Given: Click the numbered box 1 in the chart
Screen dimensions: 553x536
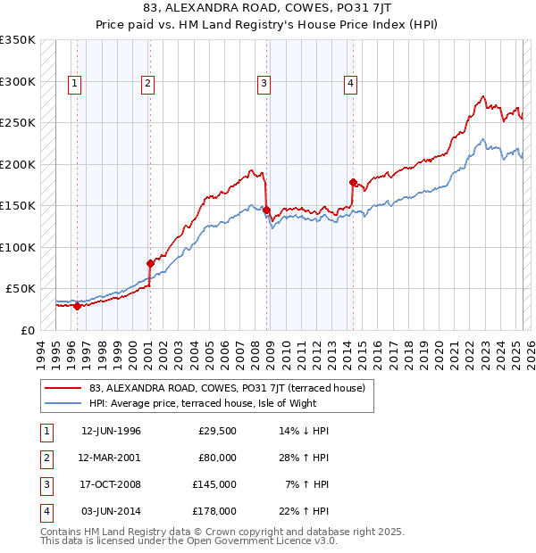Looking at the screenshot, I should (73, 84).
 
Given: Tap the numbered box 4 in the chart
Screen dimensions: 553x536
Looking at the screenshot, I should (351, 84).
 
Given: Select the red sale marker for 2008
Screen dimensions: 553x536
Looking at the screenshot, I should (266, 210).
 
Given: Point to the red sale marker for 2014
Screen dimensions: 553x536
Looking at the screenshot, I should (354, 183).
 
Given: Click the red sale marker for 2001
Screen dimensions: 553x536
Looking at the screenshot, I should (149, 263).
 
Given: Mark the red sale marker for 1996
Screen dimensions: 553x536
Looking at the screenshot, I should (77, 306).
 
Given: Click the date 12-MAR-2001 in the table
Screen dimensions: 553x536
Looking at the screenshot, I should (111, 458).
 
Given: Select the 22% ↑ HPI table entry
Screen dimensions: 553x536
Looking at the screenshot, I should (305, 511).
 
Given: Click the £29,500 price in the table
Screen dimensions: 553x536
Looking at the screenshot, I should (217, 431).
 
